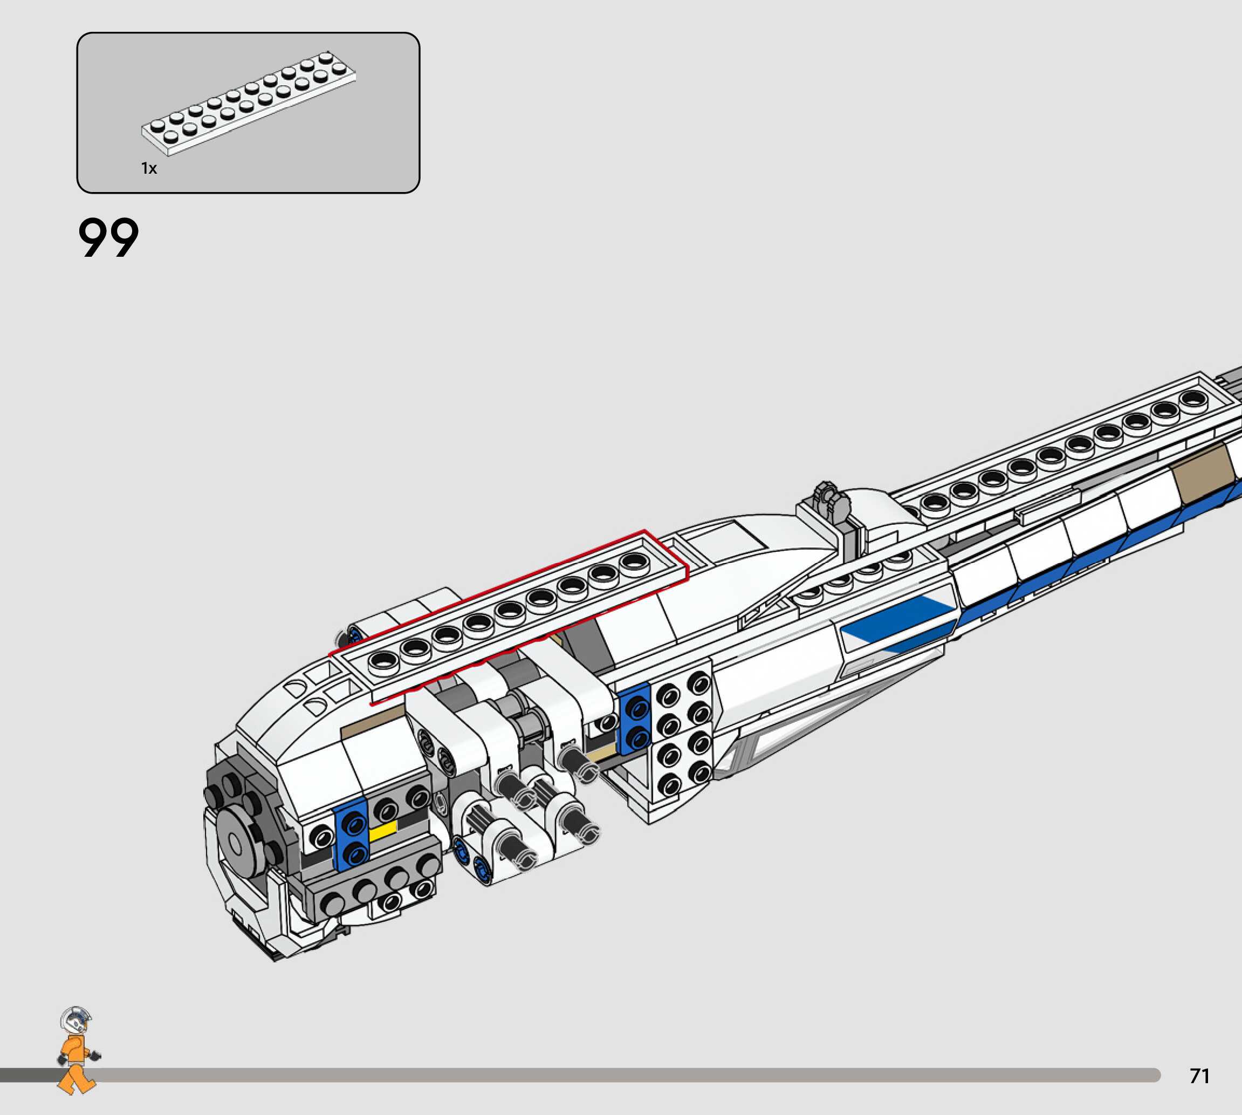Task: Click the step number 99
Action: point(108,238)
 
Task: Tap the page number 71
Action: point(1200,1076)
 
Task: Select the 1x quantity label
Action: point(149,168)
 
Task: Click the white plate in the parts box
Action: point(249,103)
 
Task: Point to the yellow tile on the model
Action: point(383,831)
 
